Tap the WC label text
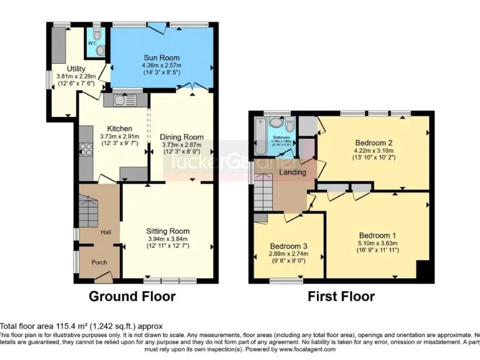click(x=92, y=44)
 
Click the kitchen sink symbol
click(x=120, y=99)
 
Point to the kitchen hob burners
click(x=84, y=150)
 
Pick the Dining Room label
click(x=181, y=137)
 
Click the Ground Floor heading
click(x=132, y=296)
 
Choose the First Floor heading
click(x=341, y=296)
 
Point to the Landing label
click(x=292, y=172)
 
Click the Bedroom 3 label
click(x=289, y=246)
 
